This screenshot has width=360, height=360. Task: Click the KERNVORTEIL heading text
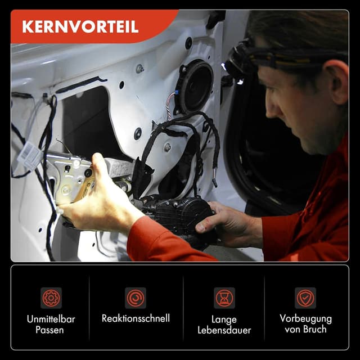pos(80,27)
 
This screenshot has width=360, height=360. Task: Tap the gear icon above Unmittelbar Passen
pos(51,298)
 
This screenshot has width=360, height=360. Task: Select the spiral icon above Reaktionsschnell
pos(136,298)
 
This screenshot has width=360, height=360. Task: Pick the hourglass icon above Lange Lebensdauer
pos(224,298)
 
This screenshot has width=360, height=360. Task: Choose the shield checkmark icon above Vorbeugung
pos(305,298)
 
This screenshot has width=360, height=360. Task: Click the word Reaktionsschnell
pos(136,318)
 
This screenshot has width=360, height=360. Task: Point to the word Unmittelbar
pos(51,319)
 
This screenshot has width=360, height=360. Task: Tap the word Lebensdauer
pos(224,330)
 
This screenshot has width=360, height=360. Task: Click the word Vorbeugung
pos(305,318)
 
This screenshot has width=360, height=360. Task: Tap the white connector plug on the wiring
pos(28,157)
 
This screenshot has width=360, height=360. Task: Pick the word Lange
pos(224,319)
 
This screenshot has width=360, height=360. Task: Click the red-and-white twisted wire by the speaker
pos(169,106)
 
